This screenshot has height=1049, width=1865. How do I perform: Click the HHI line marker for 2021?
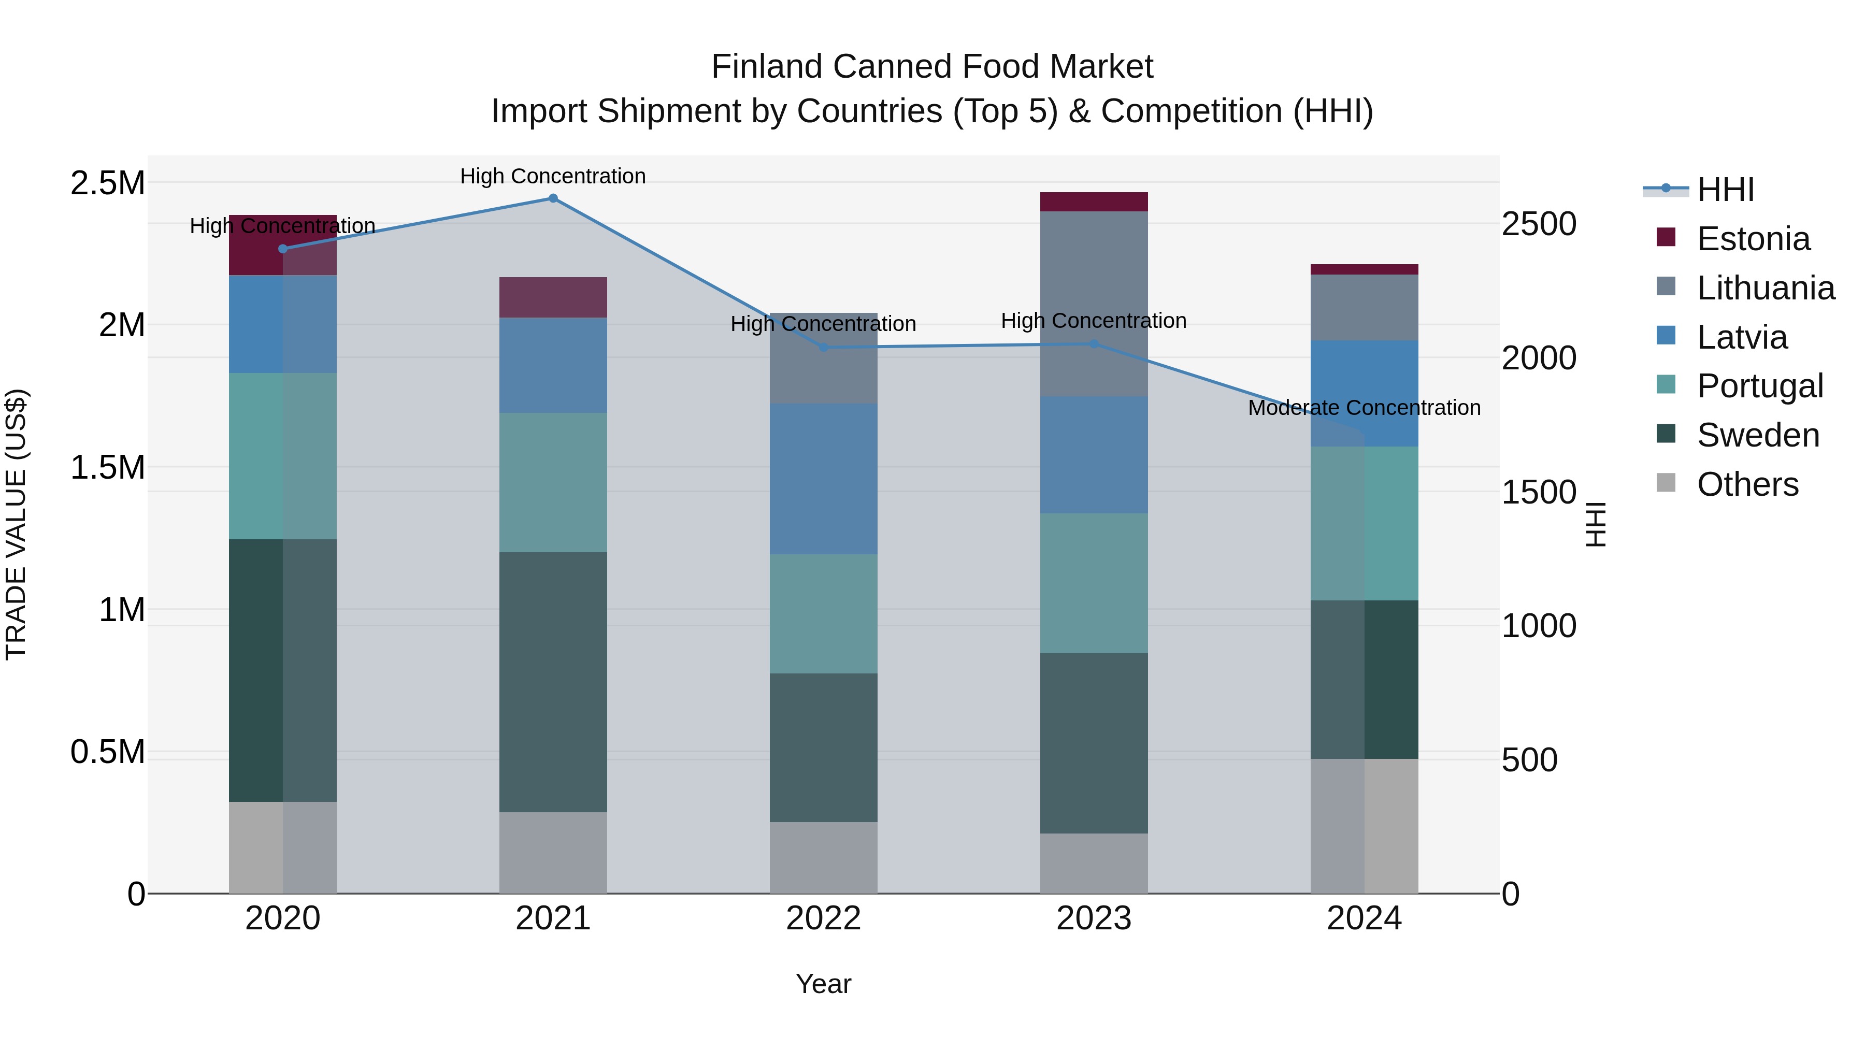[553, 198]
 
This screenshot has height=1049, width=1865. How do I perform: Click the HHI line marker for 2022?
[823, 348]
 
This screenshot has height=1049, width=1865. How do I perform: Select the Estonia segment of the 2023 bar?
[1094, 202]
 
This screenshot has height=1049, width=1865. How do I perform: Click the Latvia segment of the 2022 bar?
[823, 479]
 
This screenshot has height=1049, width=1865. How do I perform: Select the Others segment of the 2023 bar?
[1094, 863]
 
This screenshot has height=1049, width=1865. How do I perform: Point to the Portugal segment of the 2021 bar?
[553, 482]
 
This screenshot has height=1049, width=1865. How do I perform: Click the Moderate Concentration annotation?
[1364, 408]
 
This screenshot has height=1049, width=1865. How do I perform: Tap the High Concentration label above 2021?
[553, 177]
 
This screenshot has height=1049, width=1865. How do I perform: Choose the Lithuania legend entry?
[1765, 288]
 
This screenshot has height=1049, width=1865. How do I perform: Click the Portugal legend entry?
[1759, 386]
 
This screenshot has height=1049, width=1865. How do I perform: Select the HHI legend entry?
[1725, 190]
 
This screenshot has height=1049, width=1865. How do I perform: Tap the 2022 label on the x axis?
[823, 918]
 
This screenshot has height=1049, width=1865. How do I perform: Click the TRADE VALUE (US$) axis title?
[16, 524]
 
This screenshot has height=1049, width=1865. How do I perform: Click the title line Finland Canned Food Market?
[932, 67]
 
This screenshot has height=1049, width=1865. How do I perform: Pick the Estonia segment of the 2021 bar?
[553, 297]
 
